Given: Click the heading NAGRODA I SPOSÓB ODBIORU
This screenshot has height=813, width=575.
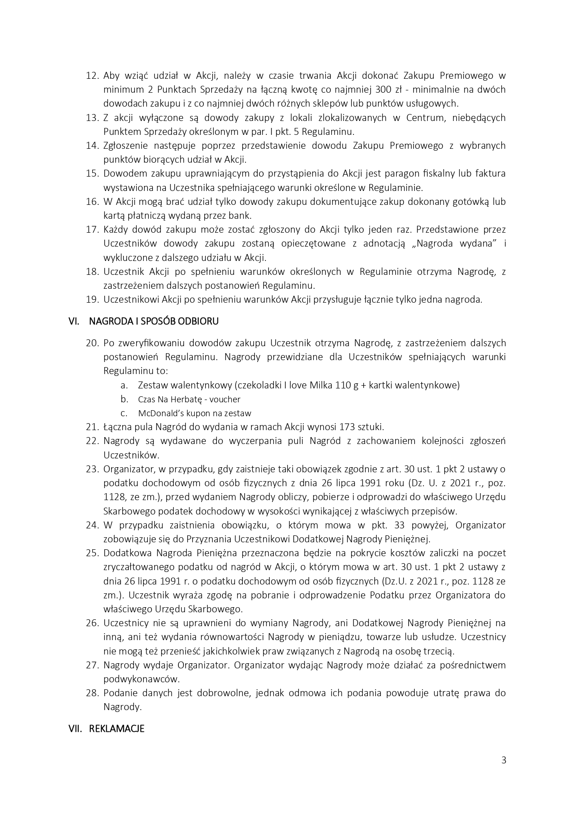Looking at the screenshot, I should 153,321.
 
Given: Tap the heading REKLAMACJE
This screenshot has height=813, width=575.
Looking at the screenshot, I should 116,729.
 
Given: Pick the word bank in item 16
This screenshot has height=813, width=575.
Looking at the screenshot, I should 241,216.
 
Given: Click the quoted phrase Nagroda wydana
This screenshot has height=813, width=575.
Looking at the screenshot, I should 454,243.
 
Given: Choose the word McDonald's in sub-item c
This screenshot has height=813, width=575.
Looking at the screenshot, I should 161,413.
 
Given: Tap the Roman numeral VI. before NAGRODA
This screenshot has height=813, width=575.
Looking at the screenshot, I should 74,321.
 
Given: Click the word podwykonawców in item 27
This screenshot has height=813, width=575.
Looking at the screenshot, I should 142,679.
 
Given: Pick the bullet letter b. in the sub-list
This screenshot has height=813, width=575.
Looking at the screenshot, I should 124,399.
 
